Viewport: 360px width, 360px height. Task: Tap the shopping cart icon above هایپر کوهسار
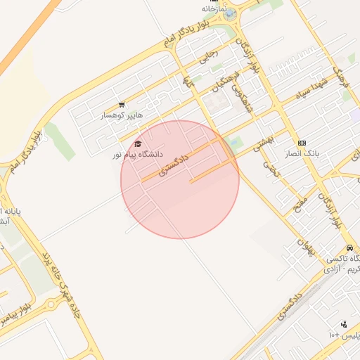pos(122,105)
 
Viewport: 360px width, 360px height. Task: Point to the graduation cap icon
pos(136,143)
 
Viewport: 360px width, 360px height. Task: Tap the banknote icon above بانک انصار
pos(302,143)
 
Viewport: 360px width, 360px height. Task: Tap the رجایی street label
pos(210,56)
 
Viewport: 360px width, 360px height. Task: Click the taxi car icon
pos(349,248)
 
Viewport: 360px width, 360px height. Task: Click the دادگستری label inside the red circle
pos(174,162)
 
